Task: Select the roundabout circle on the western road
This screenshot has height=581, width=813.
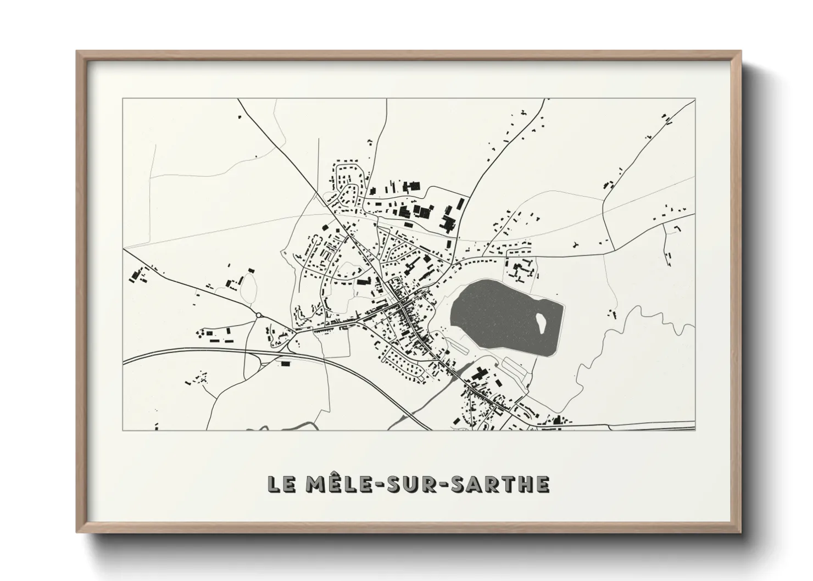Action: click(x=258, y=315)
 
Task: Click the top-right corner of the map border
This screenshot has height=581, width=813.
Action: click(x=695, y=99)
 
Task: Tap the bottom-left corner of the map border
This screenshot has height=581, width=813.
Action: click(x=123, y=430)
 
